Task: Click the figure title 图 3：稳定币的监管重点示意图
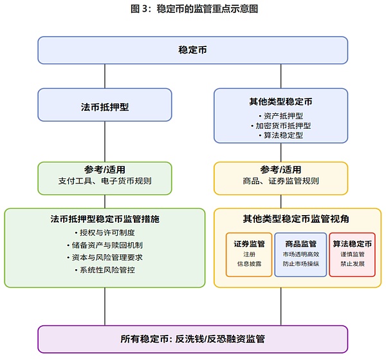coord(192,9)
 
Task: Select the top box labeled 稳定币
coord(192,50)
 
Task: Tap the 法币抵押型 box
coord(105,106)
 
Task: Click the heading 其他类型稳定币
coord(280,101)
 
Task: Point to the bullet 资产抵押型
coord(280,115)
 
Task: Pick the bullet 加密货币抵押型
coord(280,126)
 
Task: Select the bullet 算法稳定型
coord(280,136)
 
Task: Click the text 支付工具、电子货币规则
coord(105,181)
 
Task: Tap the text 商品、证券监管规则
coord(280,181)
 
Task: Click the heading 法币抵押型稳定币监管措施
coord(105,219)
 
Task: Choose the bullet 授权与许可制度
coord(105,232)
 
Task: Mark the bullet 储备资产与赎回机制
coord(105,245)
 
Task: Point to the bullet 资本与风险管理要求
coord(105,257)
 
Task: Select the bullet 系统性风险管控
coord(105,269)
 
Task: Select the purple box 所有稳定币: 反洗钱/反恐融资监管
coord(192,338)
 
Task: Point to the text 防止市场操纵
coord(300,264)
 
